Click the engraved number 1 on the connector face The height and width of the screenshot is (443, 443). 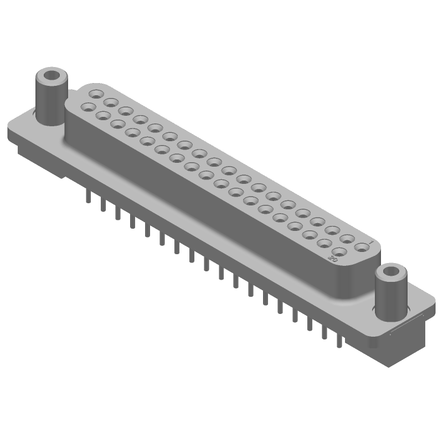[370, 241]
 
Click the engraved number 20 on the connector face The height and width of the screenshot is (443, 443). [333, 259]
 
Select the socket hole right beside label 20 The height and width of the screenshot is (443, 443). [341, 252]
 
